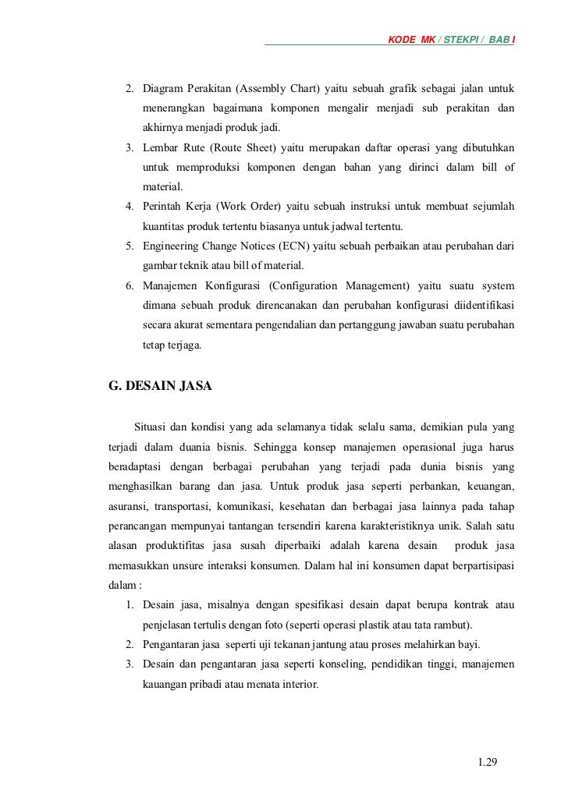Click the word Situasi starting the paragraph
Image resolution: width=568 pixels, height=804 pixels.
tap(152, 426)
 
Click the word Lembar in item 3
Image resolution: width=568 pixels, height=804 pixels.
tap(161, 147)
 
